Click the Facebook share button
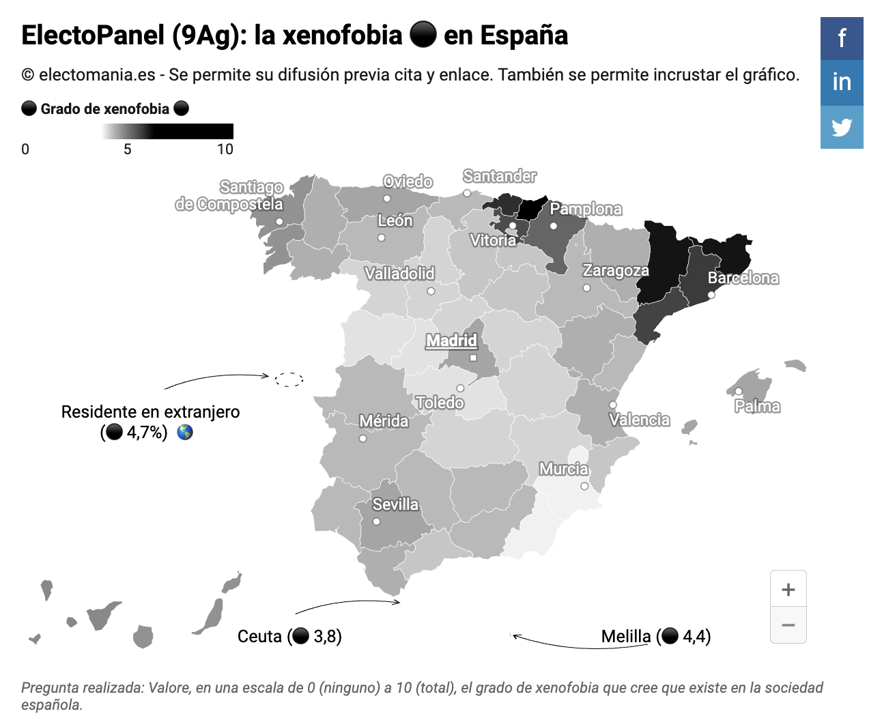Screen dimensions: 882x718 pos(842,38)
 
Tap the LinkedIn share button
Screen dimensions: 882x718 pos(842,83)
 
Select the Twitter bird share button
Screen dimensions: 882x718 pos(842,127)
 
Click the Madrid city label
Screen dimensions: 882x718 pos(452,341)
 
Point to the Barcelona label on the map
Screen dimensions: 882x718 pos(743,278)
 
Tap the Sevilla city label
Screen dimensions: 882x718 pos(395,504)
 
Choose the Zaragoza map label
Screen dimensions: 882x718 pos(616,270)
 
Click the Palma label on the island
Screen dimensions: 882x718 pos(757,406)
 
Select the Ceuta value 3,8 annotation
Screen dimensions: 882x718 pos(289,636)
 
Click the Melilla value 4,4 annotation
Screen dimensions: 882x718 pos(656,636)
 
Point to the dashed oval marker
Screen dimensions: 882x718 pos(289,379)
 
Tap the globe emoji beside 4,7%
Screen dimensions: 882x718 pos(185,433)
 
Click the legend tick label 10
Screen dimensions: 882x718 pos(225,149)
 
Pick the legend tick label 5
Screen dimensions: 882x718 pos(127,149)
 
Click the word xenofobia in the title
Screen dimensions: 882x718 pos(343,35)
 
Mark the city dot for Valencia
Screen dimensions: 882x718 pos(613,404)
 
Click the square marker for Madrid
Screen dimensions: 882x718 pos(473,358)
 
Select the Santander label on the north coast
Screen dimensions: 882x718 pos(500,176)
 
